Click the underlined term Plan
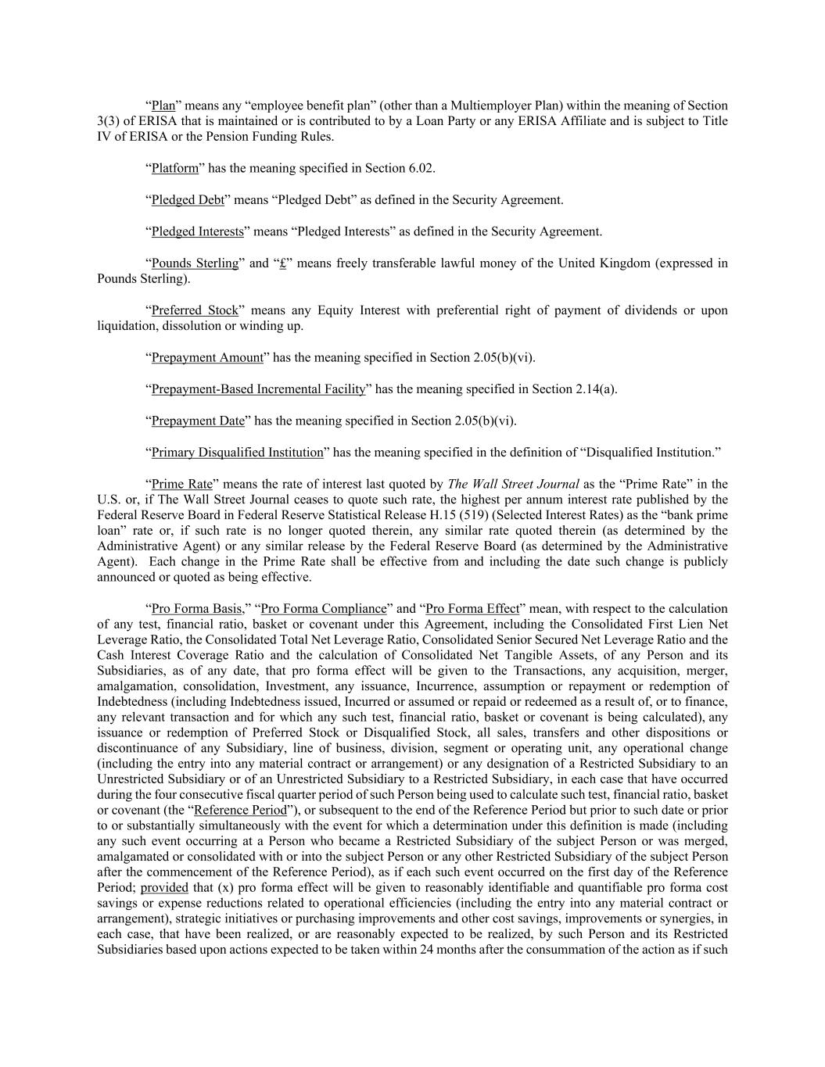tap(163, 106)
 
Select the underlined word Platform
tap(174, 168)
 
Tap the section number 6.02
tap(421, 168)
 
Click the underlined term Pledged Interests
tap(197, 231)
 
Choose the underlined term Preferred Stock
tap(195, 310)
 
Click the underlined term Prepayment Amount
tap(207, 357)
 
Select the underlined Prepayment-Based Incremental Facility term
tap(258, 389)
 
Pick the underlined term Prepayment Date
tap(198, 421)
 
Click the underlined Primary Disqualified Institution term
tap(237, 453)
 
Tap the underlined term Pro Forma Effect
tap(472, 608)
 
